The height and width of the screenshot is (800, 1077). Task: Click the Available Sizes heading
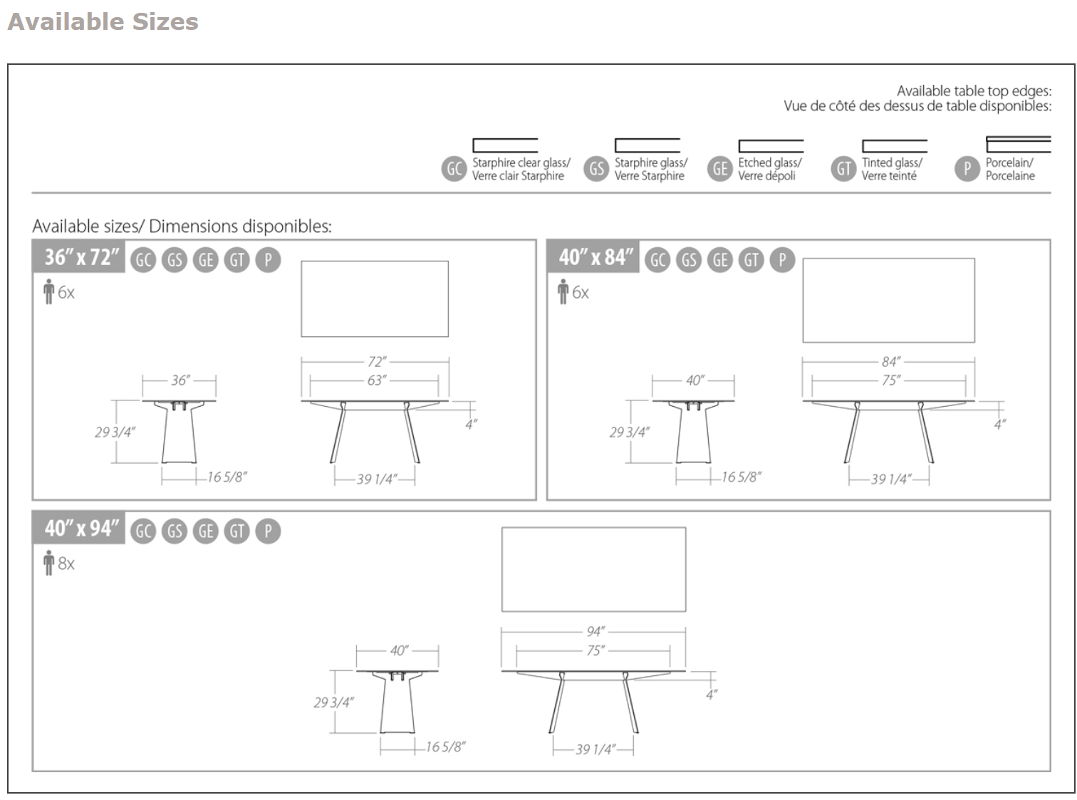tap(103, 21)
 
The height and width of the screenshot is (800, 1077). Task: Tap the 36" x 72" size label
tap(81, 257)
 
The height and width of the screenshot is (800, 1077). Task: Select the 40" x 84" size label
tap(595, 257)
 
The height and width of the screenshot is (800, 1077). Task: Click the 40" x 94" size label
tap(81, 529)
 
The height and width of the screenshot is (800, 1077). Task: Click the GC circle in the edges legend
tap(454, 169)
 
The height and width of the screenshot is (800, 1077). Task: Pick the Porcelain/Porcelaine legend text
tap(1009, 170)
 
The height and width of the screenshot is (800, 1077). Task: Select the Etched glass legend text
tap(769, 170)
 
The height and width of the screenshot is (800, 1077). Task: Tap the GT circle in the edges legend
tap(843, 169)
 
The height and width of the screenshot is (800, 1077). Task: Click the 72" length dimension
tap(377, 362)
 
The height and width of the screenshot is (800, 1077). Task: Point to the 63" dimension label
tap(377, 380)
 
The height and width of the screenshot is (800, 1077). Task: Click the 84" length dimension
tap(890, 362)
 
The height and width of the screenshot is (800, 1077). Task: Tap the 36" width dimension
tap(180, 380)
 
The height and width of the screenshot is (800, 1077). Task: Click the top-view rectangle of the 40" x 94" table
tap(593, 569)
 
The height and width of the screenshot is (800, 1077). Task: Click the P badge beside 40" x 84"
tap(782, 260)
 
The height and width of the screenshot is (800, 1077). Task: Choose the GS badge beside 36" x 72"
tap(175, 260)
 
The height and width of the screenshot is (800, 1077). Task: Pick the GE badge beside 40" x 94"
tap(206, 531)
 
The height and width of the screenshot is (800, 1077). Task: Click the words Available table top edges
tap(974, 91)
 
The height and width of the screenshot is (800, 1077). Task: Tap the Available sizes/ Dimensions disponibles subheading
tap(182, 227)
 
